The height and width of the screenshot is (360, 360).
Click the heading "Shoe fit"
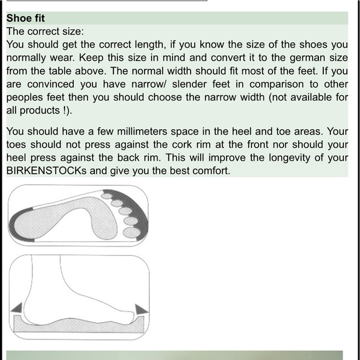(x=25, y=18)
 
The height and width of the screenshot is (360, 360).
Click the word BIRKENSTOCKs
(x=47, y=171)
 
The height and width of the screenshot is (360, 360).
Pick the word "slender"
(x=189, y=84)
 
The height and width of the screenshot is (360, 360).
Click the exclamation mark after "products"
(x=65, y=110)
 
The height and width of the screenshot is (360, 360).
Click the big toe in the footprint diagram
(x=132, y=232)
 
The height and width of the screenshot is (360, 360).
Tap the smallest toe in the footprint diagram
(x=107, y=196)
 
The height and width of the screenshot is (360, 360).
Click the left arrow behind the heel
(x=17, y=308)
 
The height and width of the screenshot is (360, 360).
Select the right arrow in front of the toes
(x=141, y=309)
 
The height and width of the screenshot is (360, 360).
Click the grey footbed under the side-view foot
(x=79, y=325)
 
